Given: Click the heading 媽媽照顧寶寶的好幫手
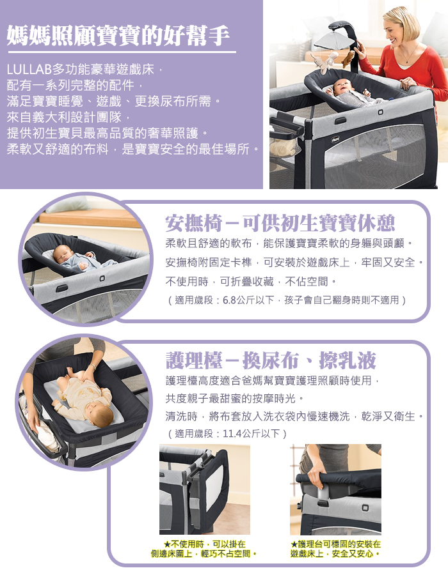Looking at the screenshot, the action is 118,36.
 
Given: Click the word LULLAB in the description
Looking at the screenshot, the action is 29,69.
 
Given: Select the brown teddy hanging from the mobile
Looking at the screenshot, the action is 349,59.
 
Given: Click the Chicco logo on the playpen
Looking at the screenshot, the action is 335,139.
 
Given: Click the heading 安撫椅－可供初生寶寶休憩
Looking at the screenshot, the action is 280,223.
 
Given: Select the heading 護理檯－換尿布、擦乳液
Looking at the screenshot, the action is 271,360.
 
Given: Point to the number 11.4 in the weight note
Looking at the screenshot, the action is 232,434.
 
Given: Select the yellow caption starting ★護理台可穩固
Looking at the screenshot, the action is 335,549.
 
